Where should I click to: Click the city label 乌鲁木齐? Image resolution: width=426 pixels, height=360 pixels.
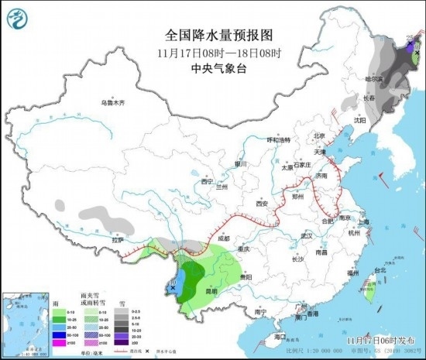click(112, 102)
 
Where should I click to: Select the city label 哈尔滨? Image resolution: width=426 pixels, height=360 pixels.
click(374, 79)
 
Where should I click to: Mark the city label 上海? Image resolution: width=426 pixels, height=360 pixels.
click(364, 222)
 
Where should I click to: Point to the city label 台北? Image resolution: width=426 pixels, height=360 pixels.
click(380, 270)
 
